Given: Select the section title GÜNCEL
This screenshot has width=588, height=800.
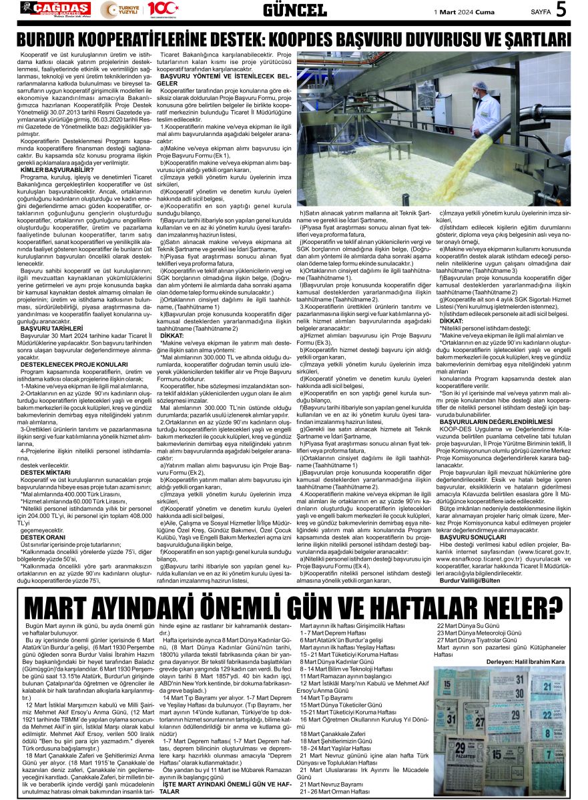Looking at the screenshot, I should coord(294,10).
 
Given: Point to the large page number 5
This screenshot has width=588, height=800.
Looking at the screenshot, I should coord(561,10).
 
